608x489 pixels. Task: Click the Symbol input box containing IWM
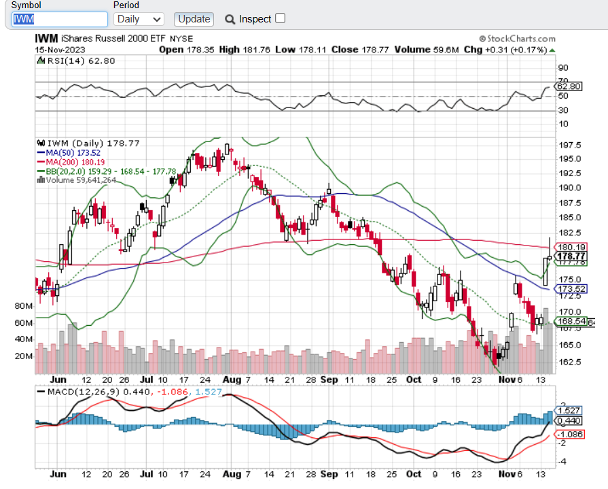point(59,19)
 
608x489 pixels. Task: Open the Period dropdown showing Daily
point(139,19)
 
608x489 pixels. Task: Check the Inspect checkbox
point(280,18)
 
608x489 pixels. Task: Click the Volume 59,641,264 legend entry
point(81,180)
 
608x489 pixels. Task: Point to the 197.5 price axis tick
point(569,146)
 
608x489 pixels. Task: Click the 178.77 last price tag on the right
point(571,256)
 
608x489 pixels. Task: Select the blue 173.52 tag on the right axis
point(571,289)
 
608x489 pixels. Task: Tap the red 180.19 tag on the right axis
point(571,247)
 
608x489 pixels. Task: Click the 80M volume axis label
point(23,306)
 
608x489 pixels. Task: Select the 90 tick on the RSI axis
point(563,67)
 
